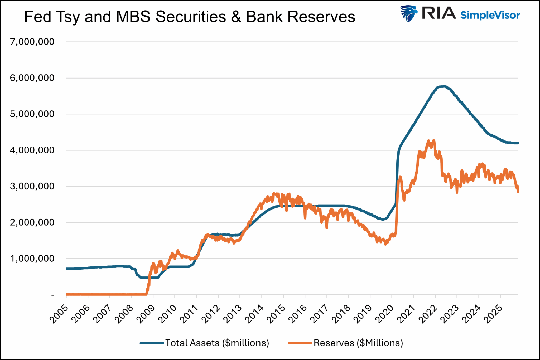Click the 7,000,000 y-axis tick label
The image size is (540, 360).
click(x=32, y=42)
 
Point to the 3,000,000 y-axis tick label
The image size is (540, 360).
click(x=32, y=186)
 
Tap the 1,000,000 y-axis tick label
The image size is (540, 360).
click(x=32, y=259)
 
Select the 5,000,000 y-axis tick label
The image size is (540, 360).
click(x=32, y=114)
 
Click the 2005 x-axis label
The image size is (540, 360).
click(x=59, y=314)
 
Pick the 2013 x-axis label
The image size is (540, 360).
click(x=233, y=314)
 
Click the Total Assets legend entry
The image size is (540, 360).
click(x=217, y=343)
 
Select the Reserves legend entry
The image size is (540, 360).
click(x=358, y=343)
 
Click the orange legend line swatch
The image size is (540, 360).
click(x=300, y=343)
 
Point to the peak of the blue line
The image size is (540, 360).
click(x=444, y=86)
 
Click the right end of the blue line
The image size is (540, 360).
click(x=518, y=143)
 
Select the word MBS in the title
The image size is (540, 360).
click(x=133, y=17)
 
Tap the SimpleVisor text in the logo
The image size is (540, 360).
click(x=490, y=15)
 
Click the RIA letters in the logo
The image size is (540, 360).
click(x=438, y=13)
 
